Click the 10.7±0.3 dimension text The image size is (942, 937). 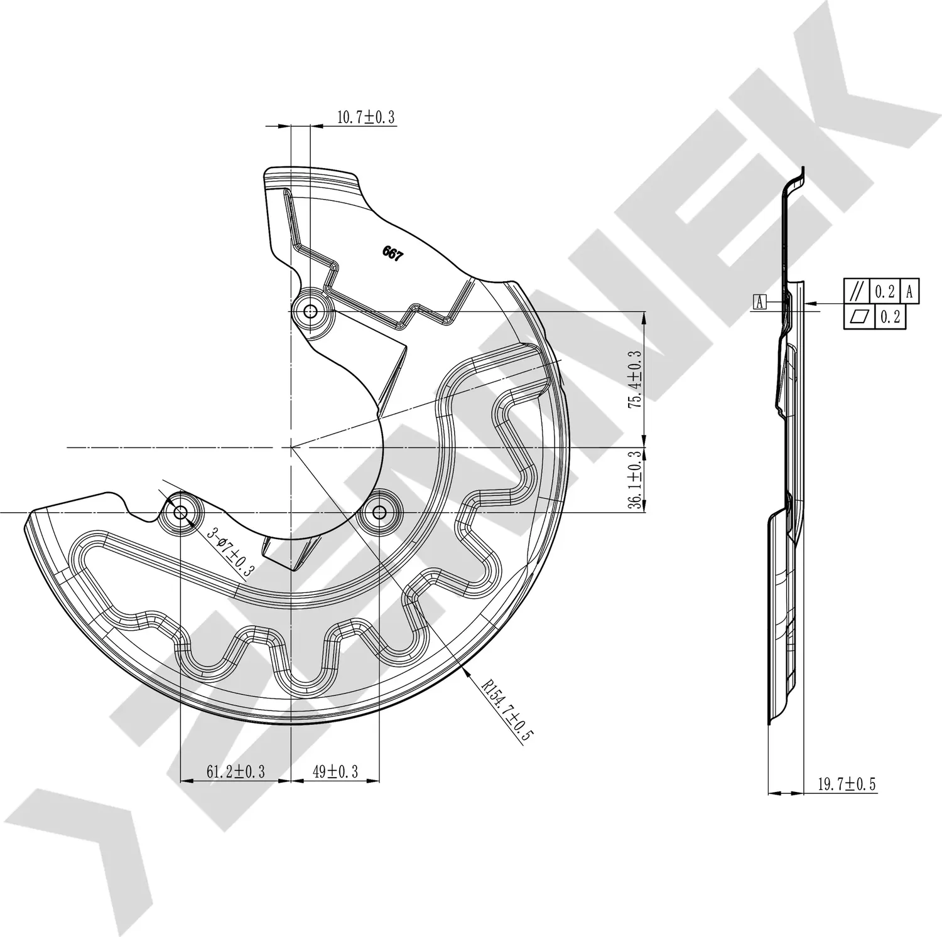click(x=366, y=117)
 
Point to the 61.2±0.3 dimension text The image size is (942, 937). click(x=235, y=771)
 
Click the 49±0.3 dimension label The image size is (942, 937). click(x=335, y=771)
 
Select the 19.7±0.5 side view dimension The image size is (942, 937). click(x=846, y=783)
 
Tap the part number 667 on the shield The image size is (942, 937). click(x=392, y=254)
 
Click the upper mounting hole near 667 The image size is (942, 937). click(x=310, y=311)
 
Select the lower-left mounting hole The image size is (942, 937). click(x=180, y=513)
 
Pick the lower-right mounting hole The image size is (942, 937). click(x=379, y=513)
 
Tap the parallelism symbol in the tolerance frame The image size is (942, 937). click(x=855, y=291)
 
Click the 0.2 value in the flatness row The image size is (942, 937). click(x=890, y=317)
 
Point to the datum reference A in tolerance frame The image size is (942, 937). click(x=909, y=291)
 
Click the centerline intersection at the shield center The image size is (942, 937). click(x=291, y=447)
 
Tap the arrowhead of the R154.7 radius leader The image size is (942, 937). click(x=465, y=670)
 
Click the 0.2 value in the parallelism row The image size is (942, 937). click(x=885, y=291)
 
